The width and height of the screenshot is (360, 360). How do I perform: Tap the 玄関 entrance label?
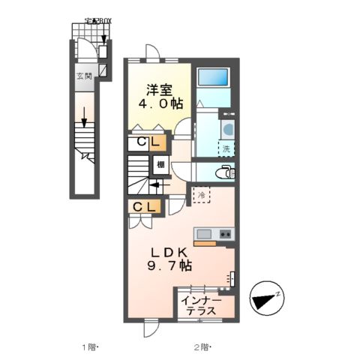[x=83, y=76]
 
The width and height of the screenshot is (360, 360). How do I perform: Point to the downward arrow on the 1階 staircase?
[x=85, y=118]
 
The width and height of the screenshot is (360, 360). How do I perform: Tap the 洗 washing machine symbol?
[x=226, y=148]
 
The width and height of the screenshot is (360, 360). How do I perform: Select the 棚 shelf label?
[x=160, y=164]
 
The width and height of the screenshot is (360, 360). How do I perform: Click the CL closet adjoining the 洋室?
[x=146, y=142]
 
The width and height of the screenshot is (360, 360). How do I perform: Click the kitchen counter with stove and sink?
[x=214, y=235]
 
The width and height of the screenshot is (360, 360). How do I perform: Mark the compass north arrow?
[x=266, y=299]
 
